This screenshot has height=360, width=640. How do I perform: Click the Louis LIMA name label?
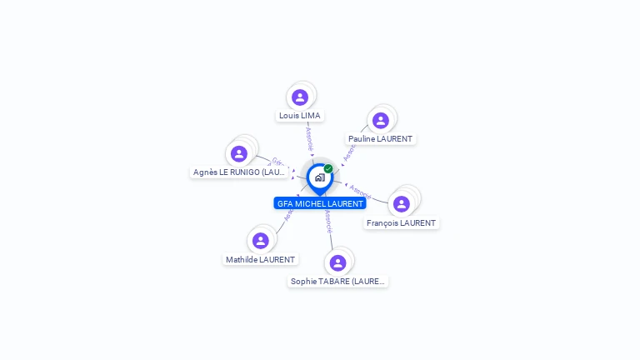(x=300, y=116)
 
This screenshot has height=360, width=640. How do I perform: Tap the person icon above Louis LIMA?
(x=300, y=97)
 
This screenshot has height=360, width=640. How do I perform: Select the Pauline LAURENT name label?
(x=380, y=139)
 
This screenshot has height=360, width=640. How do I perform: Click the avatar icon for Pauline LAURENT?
(x=381, y=121)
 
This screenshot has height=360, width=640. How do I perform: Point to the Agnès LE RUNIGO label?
(x=239, y=172)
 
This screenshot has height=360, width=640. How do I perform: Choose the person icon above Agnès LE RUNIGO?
(x=239, y=154)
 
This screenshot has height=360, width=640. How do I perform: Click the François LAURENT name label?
(x=401, y=223)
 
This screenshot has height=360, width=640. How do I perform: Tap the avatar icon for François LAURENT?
(x=402, y=204)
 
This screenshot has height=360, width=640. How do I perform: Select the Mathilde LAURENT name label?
(x=260, y=260)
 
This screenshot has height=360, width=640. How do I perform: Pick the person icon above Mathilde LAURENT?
(x=261, y=241)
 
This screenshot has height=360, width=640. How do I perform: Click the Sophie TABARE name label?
(x=337, y=282)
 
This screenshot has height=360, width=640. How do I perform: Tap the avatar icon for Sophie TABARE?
(x=337, y=263)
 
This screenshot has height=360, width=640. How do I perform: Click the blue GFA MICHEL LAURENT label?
(x=320, y=203)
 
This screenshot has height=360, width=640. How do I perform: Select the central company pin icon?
(x=319, y=177)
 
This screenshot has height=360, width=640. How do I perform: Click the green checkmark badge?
(x=328, y=168)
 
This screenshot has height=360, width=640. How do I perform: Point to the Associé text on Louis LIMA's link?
(x=309, y=137)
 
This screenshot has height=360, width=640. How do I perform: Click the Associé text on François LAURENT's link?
(x=360, y=191)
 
